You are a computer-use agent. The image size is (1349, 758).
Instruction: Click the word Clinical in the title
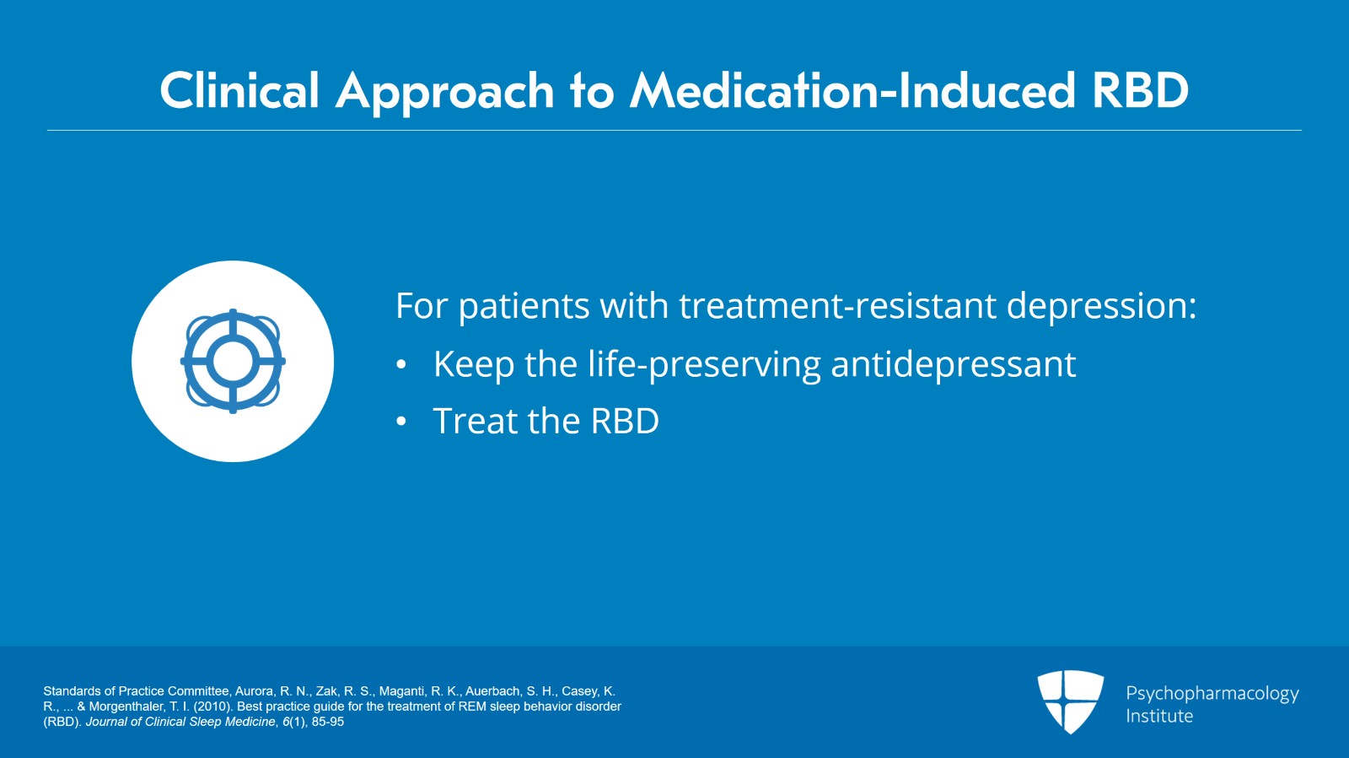coord(239,90)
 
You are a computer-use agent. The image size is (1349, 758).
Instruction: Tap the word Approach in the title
coord(444,93)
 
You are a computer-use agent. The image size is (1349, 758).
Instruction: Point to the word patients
coord(524,306)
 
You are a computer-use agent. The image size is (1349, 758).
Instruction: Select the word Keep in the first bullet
coord(474,364)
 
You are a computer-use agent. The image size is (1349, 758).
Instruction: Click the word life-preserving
coord(704,364)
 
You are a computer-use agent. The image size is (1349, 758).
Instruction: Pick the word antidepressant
coord(954,364)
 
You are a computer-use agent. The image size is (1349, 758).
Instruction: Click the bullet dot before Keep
coord(401,365)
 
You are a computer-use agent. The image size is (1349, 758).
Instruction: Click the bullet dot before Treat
coord(401,422)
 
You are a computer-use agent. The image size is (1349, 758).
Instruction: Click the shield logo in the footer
coord(1070,702)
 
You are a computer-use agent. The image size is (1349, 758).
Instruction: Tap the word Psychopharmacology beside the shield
coord(1212,694)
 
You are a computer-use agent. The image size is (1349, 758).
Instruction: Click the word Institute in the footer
coord(1159,716)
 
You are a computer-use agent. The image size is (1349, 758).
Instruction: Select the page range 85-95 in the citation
coord(328,721)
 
